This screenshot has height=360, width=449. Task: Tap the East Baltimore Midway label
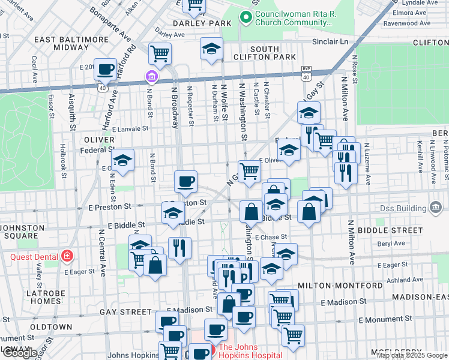coord(71,43)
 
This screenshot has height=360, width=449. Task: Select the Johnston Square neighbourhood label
coord(23,232)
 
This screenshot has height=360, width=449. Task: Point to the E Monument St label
coord(385,320)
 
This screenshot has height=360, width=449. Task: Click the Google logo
coord(20,352)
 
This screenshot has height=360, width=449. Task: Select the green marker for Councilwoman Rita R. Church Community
coord(244,17)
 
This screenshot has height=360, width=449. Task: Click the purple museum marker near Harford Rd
coord(151,77)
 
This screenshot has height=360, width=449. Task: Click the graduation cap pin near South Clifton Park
coord(211,49)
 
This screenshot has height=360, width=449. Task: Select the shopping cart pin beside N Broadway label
coord(160,54)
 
